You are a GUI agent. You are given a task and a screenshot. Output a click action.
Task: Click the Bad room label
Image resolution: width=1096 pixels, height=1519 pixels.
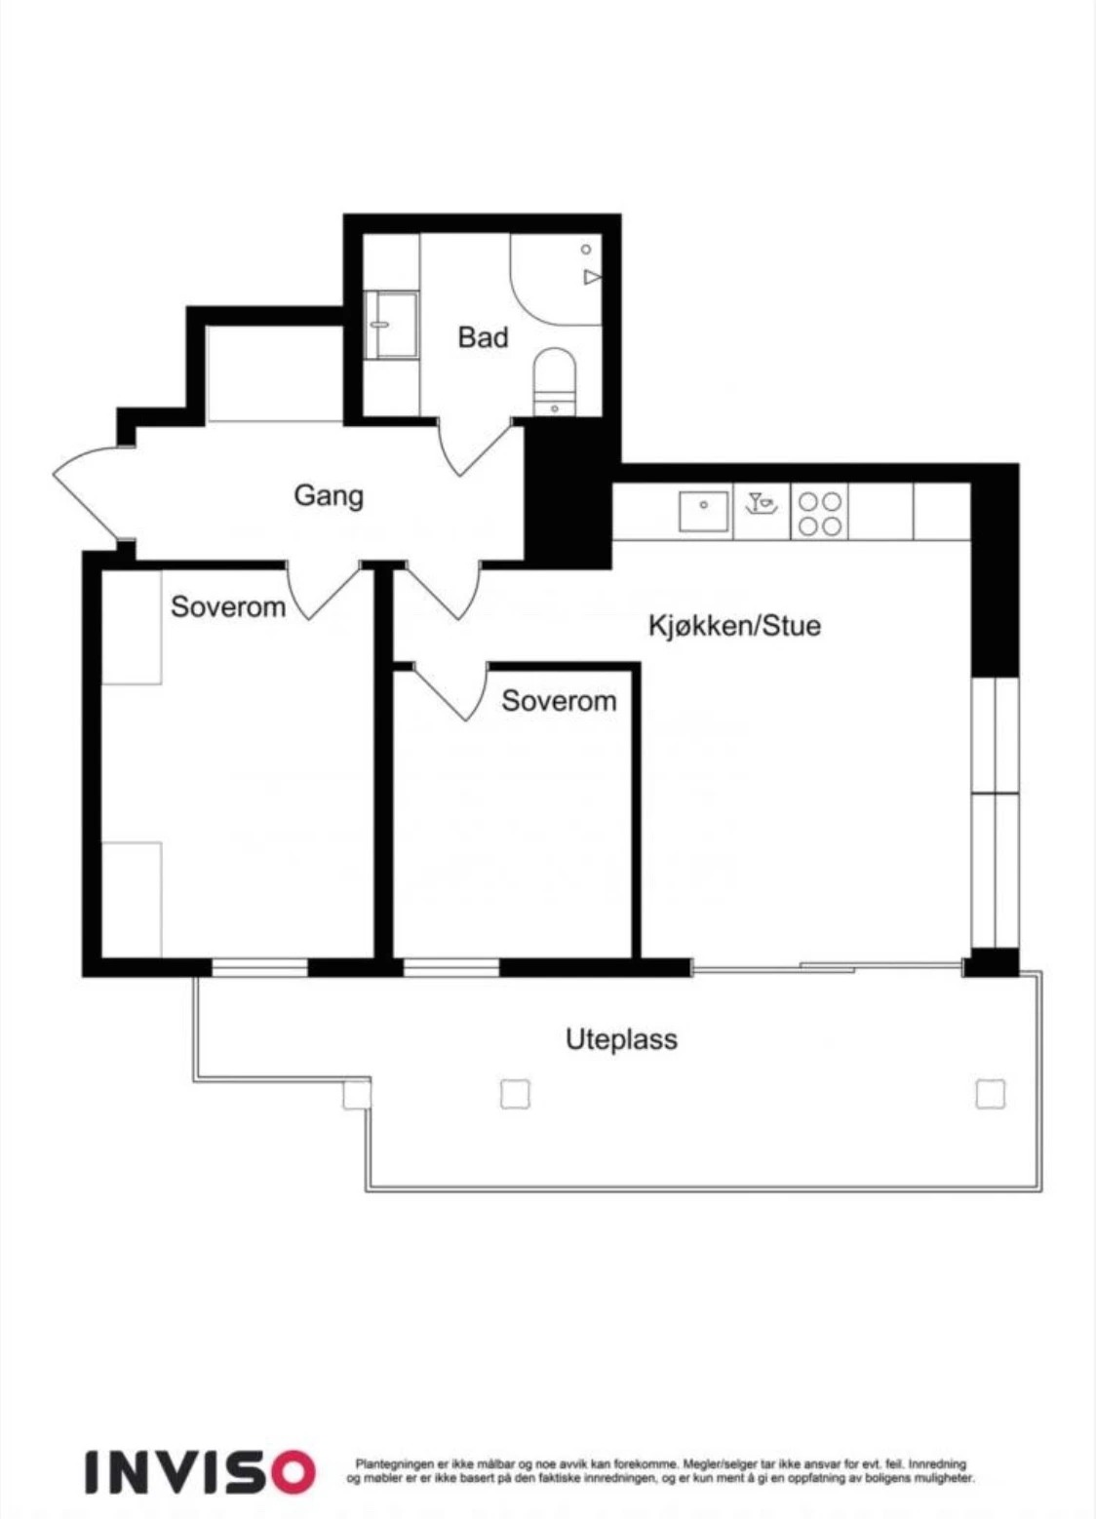pos(483,337)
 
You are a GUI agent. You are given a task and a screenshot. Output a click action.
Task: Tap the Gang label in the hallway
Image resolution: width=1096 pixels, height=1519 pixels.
pos(329,496)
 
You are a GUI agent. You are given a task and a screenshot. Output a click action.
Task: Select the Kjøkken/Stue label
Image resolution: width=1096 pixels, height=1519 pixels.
pos(734,626)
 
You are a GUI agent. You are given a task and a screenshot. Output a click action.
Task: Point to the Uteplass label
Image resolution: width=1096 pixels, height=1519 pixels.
pos(621,1039)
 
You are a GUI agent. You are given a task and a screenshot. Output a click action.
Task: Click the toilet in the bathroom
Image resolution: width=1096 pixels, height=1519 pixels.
pos(555,380)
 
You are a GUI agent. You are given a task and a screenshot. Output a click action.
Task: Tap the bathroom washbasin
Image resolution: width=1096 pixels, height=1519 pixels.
pos(391,325)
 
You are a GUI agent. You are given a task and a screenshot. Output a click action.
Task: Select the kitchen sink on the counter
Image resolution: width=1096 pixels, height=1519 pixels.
pos(705,511)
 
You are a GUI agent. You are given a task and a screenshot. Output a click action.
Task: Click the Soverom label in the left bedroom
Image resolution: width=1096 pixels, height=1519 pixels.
pos(228,607)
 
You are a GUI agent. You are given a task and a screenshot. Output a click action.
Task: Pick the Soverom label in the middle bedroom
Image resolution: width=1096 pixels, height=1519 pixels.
pos(559,701)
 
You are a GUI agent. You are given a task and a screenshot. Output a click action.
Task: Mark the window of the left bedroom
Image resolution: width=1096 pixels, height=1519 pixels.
pos(259,968)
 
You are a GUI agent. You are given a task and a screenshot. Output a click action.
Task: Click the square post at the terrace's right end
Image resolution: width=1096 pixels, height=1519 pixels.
pos(990,1094)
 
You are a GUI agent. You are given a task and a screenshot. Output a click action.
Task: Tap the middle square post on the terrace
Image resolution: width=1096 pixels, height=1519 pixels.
pos(515,1094)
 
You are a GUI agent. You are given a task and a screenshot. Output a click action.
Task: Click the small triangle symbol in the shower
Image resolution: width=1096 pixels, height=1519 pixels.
pos(592,277)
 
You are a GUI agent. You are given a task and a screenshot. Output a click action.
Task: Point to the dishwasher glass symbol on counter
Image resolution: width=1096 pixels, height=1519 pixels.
pos(761,502)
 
